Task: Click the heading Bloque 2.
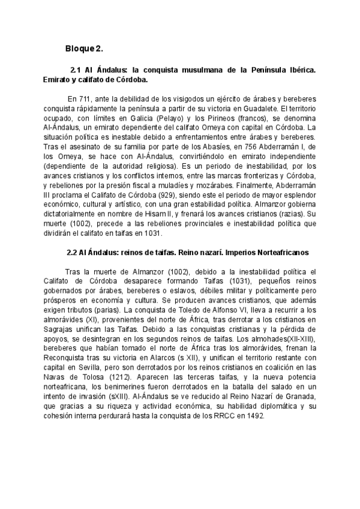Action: point(84,48)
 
